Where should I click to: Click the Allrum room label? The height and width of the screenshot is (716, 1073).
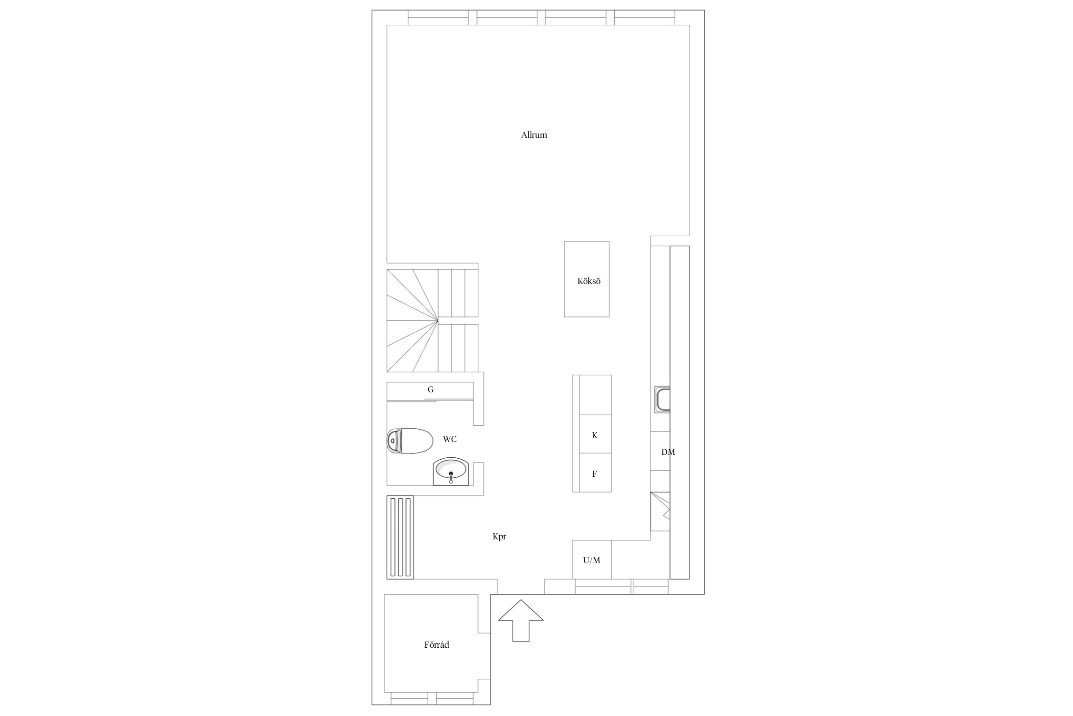(534, 135)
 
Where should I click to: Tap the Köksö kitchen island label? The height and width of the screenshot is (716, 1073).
(589, 281)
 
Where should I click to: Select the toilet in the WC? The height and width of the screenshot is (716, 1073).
(409, 441)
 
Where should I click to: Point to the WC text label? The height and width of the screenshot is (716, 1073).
(450, 439)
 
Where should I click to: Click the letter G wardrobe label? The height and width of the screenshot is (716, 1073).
(431, 390)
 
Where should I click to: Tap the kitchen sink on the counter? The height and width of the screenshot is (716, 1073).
(662, 400)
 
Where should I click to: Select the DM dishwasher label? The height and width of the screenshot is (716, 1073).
(668, 452)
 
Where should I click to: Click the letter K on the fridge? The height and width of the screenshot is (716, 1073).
(595, 435)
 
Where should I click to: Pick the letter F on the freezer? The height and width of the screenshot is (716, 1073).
(595, 474)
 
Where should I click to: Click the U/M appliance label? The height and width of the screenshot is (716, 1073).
(592, 560)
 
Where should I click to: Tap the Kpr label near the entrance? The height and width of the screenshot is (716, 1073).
(499, 537)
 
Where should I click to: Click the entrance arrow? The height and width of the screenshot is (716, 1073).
(521, 621)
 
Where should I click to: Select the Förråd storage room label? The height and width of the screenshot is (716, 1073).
(437, 645)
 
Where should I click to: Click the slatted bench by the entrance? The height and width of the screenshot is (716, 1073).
(400, 537)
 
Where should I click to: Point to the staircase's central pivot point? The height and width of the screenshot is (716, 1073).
(438, 320)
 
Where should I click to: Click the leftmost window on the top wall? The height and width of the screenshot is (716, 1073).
(438, 18)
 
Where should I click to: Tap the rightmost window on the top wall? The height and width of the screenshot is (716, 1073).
(645, 18)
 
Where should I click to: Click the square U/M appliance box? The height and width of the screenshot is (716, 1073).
(592, 559)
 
